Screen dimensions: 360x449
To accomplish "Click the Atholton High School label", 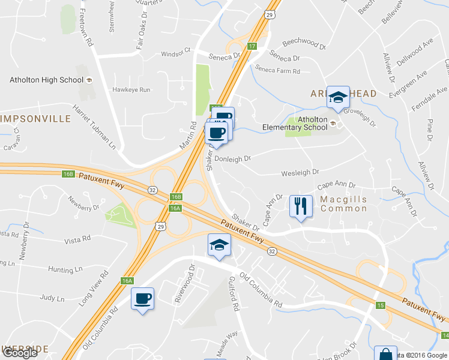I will click(x=46, y=80).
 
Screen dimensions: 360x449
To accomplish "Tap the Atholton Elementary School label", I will click(x=295, y=123).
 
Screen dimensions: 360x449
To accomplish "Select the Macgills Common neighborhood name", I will click(x=343, y=203).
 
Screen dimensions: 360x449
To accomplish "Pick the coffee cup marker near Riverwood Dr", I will click(x=143, y=298).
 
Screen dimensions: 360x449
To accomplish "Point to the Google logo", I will click(x=20, y=353).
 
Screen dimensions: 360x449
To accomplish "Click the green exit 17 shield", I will click(x=252, y=46).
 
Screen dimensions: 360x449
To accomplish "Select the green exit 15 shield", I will click(x=380, y=305).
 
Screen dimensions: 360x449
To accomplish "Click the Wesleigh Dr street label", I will click(x=300, y=173).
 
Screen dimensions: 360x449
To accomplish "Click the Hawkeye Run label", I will click(x=131, y=89).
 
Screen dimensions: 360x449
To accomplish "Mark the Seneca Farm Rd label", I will click(x=277, y=70).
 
